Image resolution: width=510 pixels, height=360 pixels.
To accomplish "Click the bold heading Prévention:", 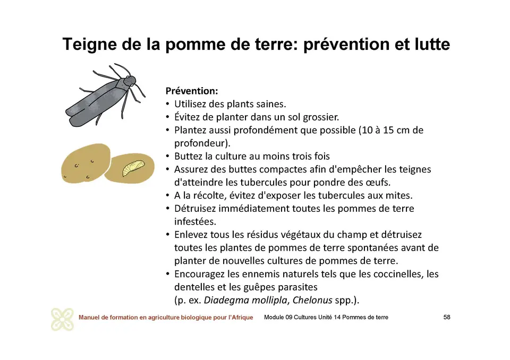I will (192, 91).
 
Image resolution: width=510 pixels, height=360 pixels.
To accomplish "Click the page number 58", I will (447, 318).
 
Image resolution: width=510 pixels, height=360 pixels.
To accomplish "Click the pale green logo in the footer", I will (62, 319).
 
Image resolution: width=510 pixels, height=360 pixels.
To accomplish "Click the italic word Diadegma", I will (225, 300).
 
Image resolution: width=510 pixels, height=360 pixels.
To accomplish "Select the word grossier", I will (320, 117).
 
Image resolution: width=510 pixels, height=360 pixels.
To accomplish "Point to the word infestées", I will (195, 221).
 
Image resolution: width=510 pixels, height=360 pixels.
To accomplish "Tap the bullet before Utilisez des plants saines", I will (167, 104).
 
